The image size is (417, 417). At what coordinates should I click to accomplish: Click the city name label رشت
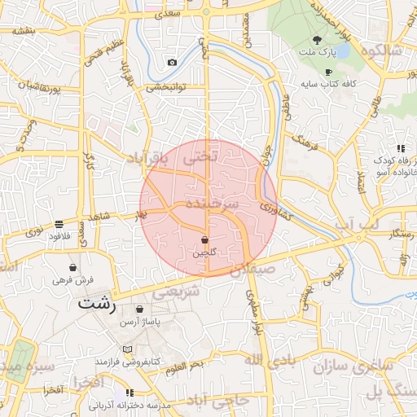coord(98,303)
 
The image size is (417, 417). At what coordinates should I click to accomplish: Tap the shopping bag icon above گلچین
coord(204,240)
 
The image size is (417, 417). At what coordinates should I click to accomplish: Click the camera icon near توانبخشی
coord(172,63)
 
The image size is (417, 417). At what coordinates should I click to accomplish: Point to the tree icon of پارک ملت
coord(317,39)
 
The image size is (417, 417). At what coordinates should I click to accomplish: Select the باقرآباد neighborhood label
coord(146,160)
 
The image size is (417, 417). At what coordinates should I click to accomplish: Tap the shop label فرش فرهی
coord(74,279)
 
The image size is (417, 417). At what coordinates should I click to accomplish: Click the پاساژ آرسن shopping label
coord(140,323)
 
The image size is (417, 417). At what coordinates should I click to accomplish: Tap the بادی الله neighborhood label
coord(266,359)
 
